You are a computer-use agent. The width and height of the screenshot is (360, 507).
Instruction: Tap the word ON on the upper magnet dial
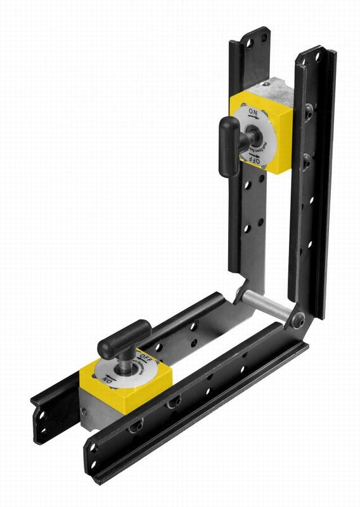(253, 113)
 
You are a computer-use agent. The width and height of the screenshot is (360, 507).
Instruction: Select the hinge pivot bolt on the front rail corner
(297, 321)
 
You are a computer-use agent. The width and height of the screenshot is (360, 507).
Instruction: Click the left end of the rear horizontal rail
(41, 415)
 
